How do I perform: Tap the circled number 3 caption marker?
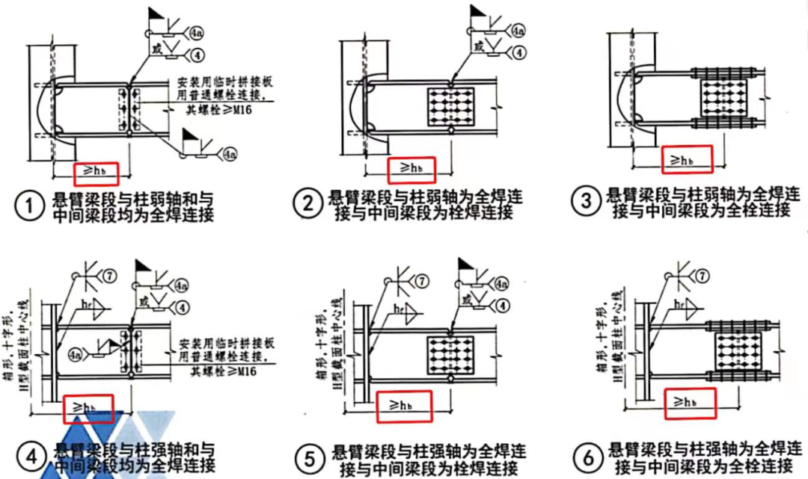pos(587,200)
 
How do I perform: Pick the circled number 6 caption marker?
pos(588,455)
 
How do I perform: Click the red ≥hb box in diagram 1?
pos(97,173)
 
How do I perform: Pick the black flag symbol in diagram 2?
pos(477,11)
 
